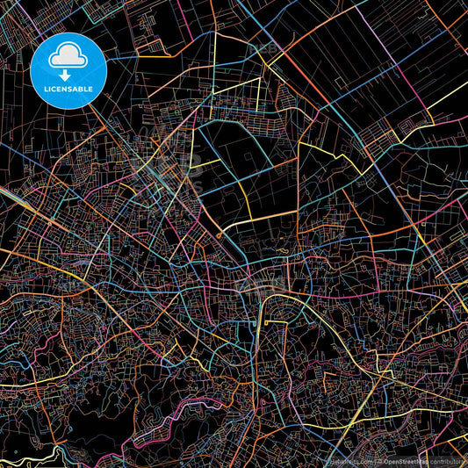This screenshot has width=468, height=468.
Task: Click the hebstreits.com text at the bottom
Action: [349, 460]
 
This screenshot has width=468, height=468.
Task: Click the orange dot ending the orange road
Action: [219, 235]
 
